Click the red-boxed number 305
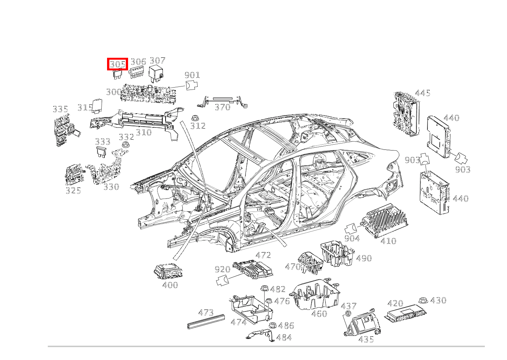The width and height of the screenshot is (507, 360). [x=117, y=64]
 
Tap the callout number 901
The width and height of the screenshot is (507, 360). [x=192, y=75]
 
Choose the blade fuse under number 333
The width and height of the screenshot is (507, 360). [x=102, y=151]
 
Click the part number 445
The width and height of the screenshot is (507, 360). [x=422, y=93]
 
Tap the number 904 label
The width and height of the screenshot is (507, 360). [x=352, y=238]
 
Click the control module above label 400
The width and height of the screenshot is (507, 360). [x=168, y=272]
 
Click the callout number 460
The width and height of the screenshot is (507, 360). [x=319, y=314]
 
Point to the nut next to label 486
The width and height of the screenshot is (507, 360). [x=273, y=326]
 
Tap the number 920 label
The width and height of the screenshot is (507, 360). [x=222, y=270]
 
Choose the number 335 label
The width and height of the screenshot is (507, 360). [x=60, y=109]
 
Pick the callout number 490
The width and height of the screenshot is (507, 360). [x=364, y=258]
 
